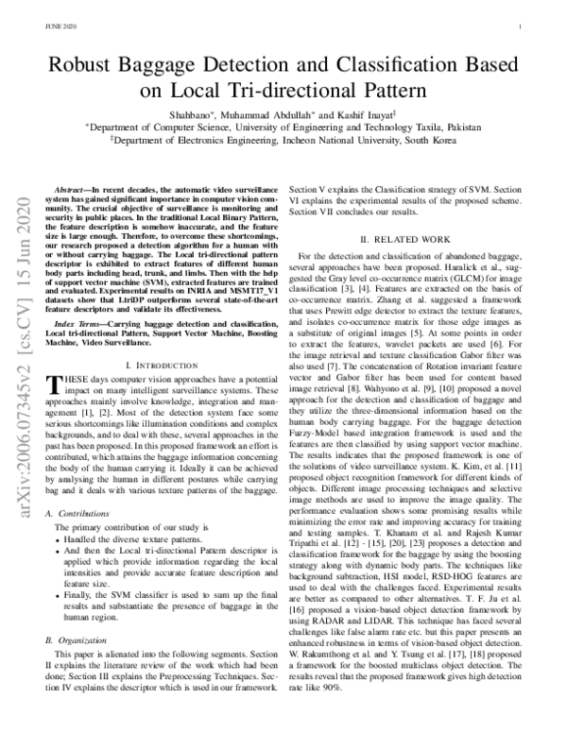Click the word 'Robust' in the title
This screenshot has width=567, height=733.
coord(98,65)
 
